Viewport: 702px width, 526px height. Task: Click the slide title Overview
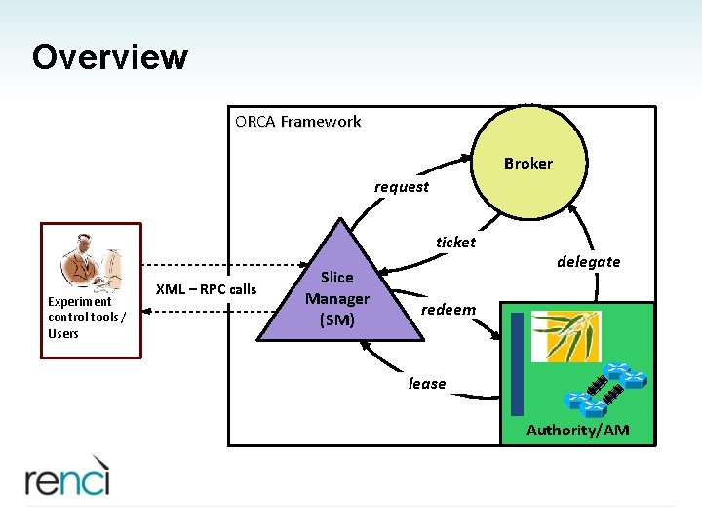tap(109, 56)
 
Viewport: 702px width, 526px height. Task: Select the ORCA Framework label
tap(297, 122)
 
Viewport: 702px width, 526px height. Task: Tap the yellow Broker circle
tap(527, 164)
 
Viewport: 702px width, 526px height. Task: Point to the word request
tap(401, 187)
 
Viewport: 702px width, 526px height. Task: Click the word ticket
tap(455, 243)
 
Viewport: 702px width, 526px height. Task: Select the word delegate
tap(588, 261)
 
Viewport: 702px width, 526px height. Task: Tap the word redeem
tap(448, 310)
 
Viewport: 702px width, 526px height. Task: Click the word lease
tap(427, 384)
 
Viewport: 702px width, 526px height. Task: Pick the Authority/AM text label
tap(577, 431)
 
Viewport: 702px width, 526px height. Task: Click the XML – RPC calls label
tap(207, 289)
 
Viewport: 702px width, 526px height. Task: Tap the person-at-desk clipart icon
tap(92, 263)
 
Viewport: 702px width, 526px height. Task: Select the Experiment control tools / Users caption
tap(87, 318)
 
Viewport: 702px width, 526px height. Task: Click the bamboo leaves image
tap(565, 335)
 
